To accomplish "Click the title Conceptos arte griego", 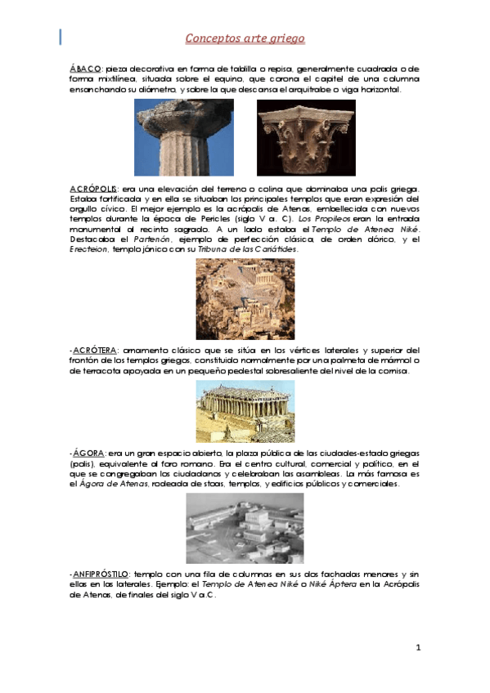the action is click(245, 38).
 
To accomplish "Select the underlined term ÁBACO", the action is click(85, 69).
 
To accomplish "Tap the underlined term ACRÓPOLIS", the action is click(93, 189).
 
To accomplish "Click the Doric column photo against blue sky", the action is click(183, 136).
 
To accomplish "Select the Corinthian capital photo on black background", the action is click(306, 136).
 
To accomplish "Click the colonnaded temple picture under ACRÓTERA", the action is click(245, 411).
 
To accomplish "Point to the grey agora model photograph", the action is click(245, 527).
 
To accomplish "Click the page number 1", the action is click(417, 648).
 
